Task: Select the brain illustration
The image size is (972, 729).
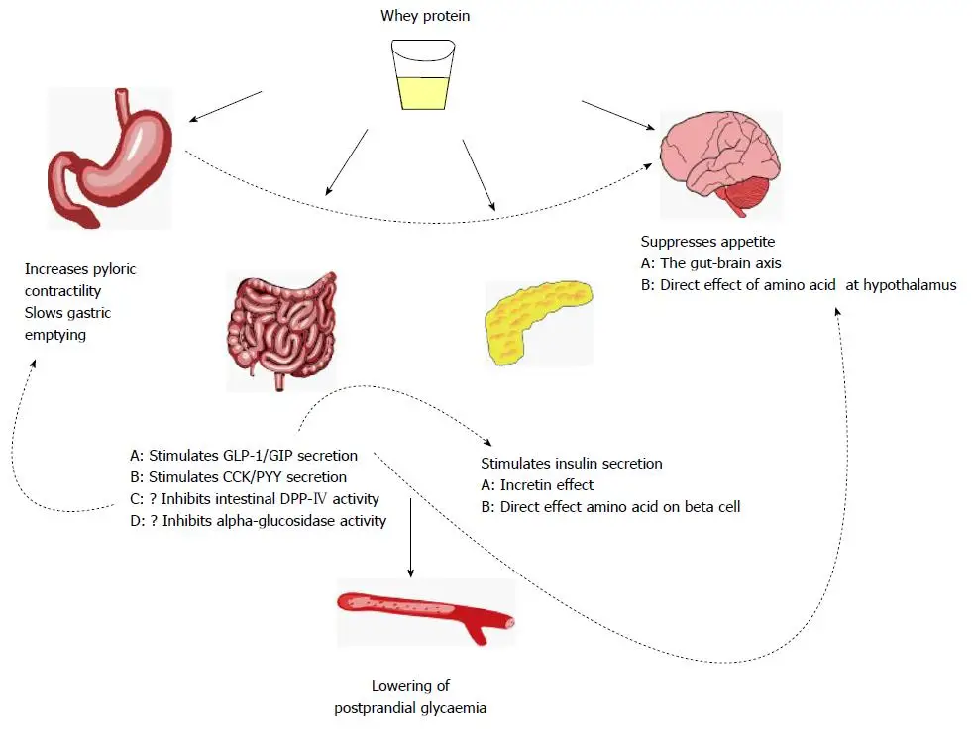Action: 720,163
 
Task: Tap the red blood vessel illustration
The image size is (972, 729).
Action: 426,614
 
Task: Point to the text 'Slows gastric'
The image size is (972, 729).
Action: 68,313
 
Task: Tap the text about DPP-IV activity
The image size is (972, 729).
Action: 255,499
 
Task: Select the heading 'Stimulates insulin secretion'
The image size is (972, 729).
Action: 572,463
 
